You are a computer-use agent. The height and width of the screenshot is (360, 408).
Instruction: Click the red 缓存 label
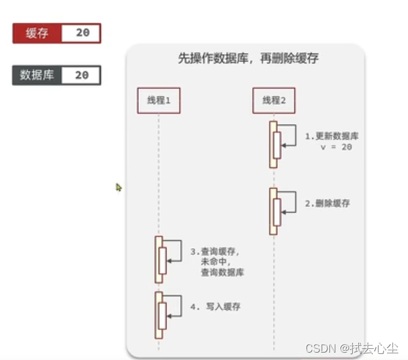tap(36, 33)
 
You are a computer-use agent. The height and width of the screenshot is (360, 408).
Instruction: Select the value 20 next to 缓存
tap(82, 33)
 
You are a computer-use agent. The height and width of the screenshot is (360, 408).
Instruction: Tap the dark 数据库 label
tap(36, 76)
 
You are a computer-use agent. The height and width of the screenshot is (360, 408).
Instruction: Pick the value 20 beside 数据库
tap(82, 76)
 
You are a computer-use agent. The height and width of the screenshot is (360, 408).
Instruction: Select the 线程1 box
tap(158, 101)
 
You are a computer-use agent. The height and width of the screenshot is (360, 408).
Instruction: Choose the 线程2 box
tap(273, 101)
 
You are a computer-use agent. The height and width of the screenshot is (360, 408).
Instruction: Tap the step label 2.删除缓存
tap(327, 203)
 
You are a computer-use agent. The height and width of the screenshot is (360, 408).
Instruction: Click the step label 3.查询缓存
tap(214, 251)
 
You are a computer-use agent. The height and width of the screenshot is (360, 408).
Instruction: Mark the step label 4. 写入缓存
tap(215, 307)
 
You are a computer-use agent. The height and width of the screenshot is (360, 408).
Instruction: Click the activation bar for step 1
tap(273, 144)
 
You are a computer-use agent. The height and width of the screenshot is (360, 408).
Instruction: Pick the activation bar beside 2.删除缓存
tap(273, 211)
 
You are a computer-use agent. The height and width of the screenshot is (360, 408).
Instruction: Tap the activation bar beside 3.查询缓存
tap(159, 259)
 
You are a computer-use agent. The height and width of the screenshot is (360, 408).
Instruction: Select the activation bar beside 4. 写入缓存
tap(159, 315)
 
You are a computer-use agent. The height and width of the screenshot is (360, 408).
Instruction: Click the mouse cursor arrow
tap(118, 187)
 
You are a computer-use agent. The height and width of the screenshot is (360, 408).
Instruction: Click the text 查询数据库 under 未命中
tap(222, 272)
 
